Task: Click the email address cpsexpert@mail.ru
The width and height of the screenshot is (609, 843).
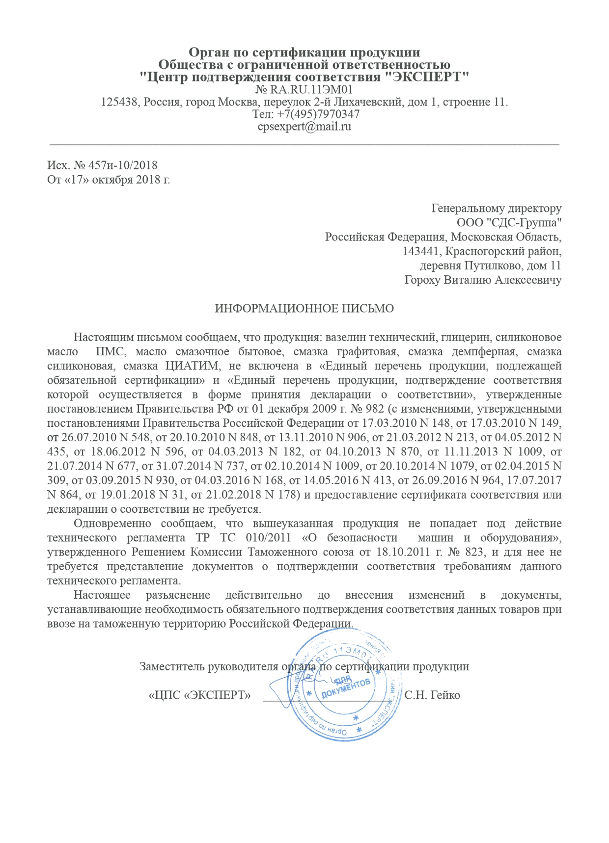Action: (x=304, y=127)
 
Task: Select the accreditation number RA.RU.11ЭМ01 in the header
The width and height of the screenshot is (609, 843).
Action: (x=311, y=90)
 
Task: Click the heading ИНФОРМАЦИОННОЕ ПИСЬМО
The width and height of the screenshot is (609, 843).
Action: (x=304, y=309)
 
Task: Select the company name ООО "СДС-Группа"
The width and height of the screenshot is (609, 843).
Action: (x=509, y=223)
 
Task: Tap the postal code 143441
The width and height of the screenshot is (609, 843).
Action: (x=422, y=252)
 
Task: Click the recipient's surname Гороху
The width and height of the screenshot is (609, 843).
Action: (x=422, y=280)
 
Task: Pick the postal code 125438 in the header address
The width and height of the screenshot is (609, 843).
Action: (x=119, y=102)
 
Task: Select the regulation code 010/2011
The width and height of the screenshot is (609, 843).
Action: (x=269, y=538)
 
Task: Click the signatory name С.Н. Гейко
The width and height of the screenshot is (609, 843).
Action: (x=432, y=695)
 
